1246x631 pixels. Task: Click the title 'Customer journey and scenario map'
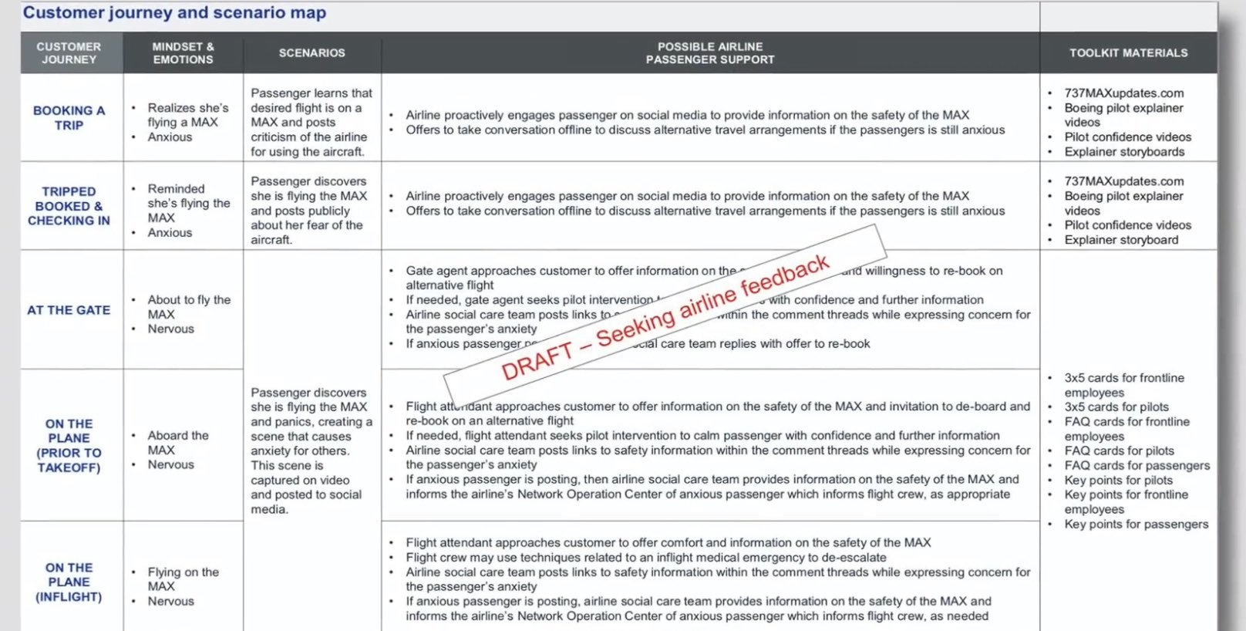coord(174,13)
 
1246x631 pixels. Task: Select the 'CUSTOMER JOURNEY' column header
coord(69,52)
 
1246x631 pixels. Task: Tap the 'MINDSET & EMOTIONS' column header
coord(183,52)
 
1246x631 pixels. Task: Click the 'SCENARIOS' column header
coord(311,52)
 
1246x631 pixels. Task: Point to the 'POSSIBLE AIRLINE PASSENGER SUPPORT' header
coord(709,52)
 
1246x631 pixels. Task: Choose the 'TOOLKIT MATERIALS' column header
coord(1128,52)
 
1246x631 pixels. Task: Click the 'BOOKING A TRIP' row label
coord(69,117)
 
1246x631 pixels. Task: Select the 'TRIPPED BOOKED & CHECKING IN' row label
coord(69,205)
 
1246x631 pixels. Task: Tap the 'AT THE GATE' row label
coord(69,309)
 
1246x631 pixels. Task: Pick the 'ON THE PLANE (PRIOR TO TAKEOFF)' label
coord(69,445)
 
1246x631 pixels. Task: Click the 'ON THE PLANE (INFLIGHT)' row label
coord(69,582)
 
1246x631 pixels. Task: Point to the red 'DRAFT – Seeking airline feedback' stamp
coord(665,317)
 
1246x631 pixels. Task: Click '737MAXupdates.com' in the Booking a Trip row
coord(1123,93)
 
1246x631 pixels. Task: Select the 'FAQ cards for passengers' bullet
coord(1137,465)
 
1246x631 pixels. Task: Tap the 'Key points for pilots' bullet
coord(1118,480)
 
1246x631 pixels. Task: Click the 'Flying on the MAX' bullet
coord(183,579)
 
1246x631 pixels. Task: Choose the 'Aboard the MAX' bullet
coord(177,442)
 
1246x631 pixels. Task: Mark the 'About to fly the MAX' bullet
coord(188,306)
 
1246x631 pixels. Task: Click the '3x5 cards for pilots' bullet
coord(1116,407)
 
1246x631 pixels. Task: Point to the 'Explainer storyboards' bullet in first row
coord(1124,151)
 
